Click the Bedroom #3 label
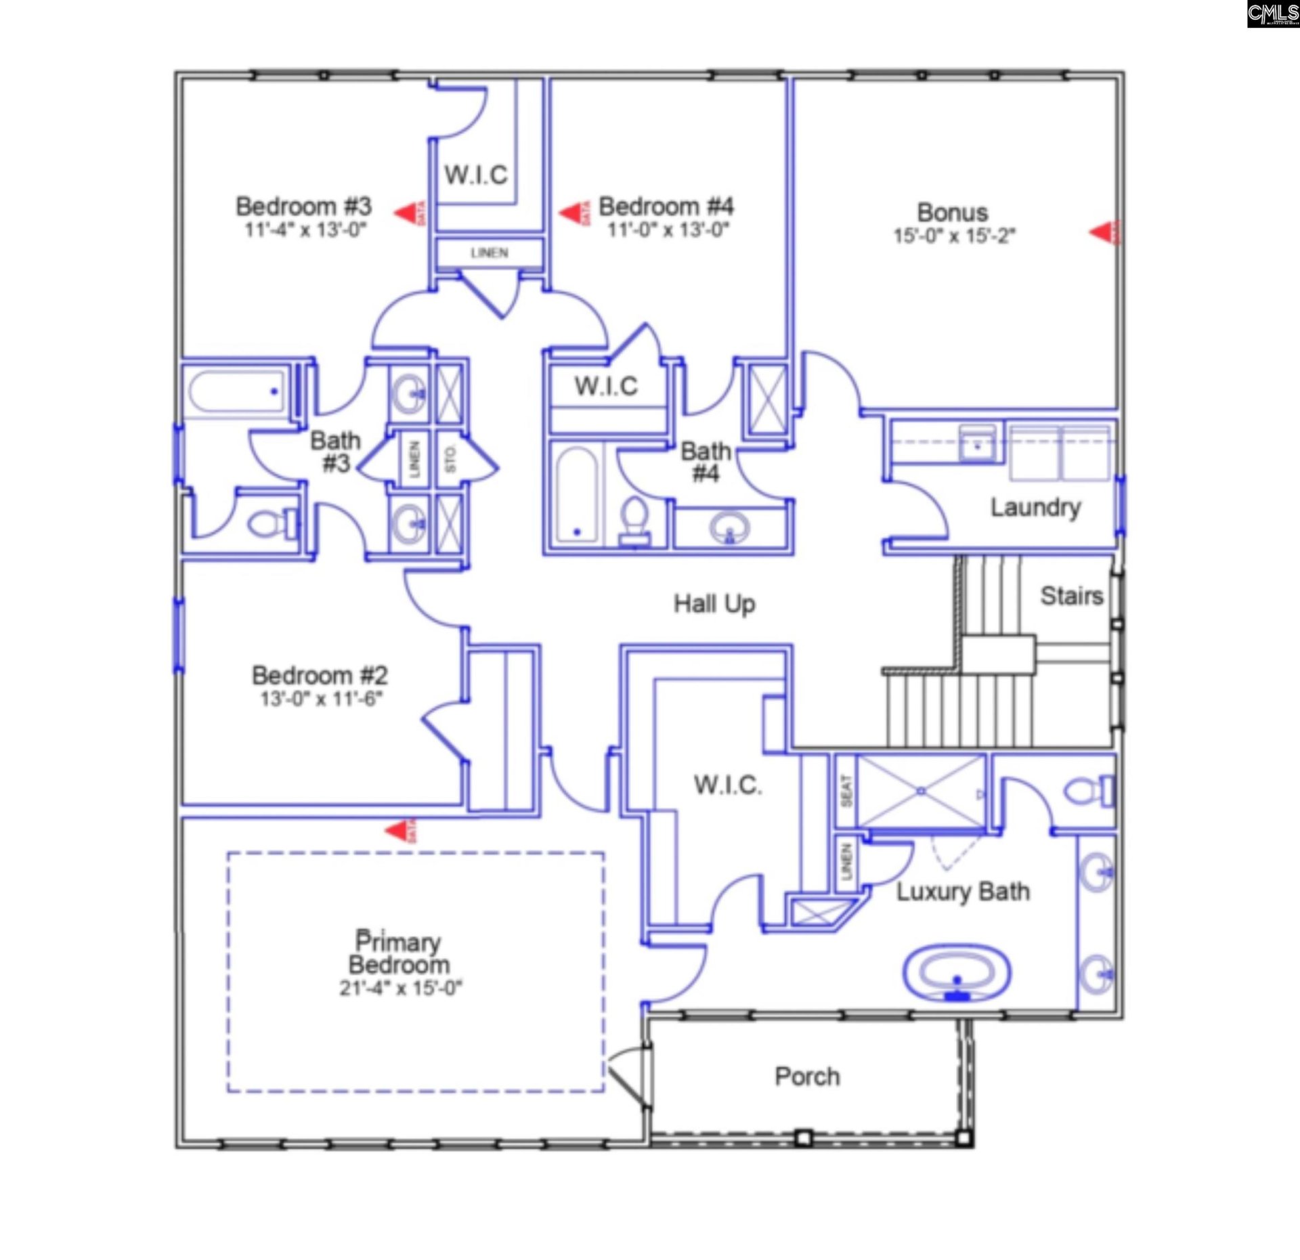point(303,206)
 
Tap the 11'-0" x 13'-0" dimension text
point(668,230)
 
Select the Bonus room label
point(952,213)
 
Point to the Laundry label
point(1035,507)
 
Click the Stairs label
point(1071,596)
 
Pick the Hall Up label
point(714,603)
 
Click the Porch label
point(807,1077)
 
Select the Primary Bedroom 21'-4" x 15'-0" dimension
point(400,988)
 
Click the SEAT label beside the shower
point(846,791)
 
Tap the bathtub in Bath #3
point(236,392)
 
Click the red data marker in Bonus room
point(1104,232)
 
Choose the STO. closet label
point(450,458)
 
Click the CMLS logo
point(1273,14)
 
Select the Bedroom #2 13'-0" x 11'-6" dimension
point(322,698)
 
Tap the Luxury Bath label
point(963,892)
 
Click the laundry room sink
point(977,443)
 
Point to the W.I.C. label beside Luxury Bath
point(728,785)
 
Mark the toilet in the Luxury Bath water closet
point(1088,790)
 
